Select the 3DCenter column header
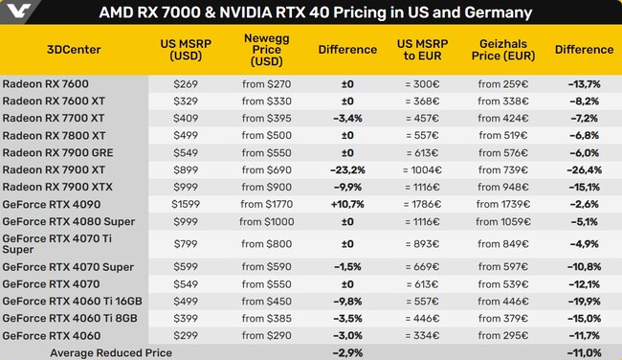pos(75,50)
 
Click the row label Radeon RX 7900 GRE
pos(58,152)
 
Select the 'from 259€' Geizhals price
pos(504,84)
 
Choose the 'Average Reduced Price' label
pos(110,353)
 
